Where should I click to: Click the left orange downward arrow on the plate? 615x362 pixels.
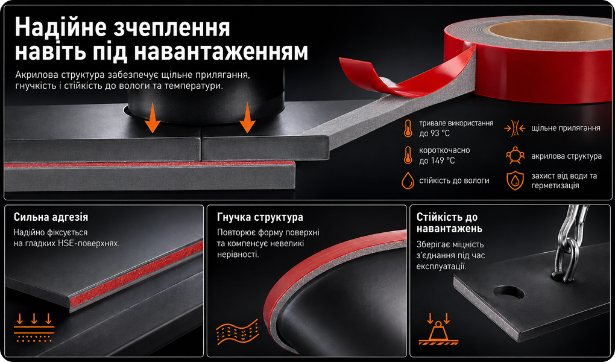(152, 118)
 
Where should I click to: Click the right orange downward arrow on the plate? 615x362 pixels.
(247, 118)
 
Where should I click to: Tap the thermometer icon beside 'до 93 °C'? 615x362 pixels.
(408, 129)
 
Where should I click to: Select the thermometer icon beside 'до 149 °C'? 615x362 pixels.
(408, 155)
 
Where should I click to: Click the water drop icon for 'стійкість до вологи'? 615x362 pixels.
(408, 180)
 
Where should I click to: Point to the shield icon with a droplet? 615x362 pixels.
(515, 180)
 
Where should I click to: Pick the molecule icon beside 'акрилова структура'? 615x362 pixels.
(515, 156)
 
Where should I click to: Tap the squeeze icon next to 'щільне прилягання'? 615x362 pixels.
(514, 128)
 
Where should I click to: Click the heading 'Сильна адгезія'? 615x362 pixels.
(51, 217)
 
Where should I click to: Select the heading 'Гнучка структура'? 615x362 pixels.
(260, 217)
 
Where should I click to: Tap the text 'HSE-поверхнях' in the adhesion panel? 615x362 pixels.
(88, 243)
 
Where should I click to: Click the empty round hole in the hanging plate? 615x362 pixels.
(509, 293)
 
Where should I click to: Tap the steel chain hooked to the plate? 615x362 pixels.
(569, 243)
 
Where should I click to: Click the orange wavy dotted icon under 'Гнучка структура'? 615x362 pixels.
(238, 332)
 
